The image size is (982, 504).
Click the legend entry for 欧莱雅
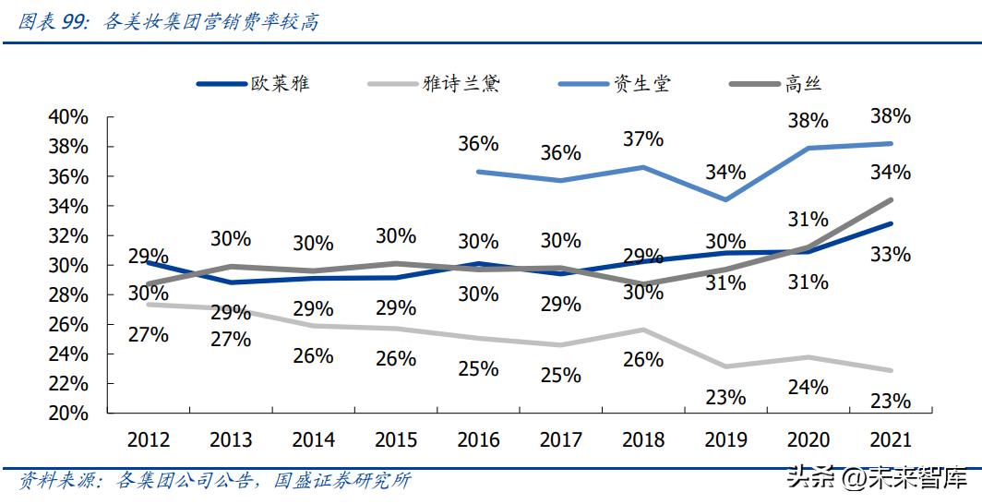[253, 84]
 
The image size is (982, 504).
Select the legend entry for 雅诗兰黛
[434, 84]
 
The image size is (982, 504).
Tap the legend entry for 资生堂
[615, 84]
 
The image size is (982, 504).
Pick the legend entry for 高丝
[776, 84]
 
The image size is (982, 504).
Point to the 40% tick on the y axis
[69, 117]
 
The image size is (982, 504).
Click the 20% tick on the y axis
[69, 414]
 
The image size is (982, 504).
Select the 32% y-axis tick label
[69, 235]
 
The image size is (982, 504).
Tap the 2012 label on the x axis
[149, 440]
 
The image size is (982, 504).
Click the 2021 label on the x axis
[889, 440]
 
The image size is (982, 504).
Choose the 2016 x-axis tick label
[478, 440]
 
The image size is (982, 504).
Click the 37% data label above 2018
[643, 138]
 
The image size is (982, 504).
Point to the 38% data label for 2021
[890, 116]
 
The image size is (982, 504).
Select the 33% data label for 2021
[890, 254]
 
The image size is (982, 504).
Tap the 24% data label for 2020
[808, 387]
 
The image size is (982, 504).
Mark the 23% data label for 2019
[725, 397]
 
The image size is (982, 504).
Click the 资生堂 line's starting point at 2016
[477, 171]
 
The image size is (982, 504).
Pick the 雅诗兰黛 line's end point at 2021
[890, 370]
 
